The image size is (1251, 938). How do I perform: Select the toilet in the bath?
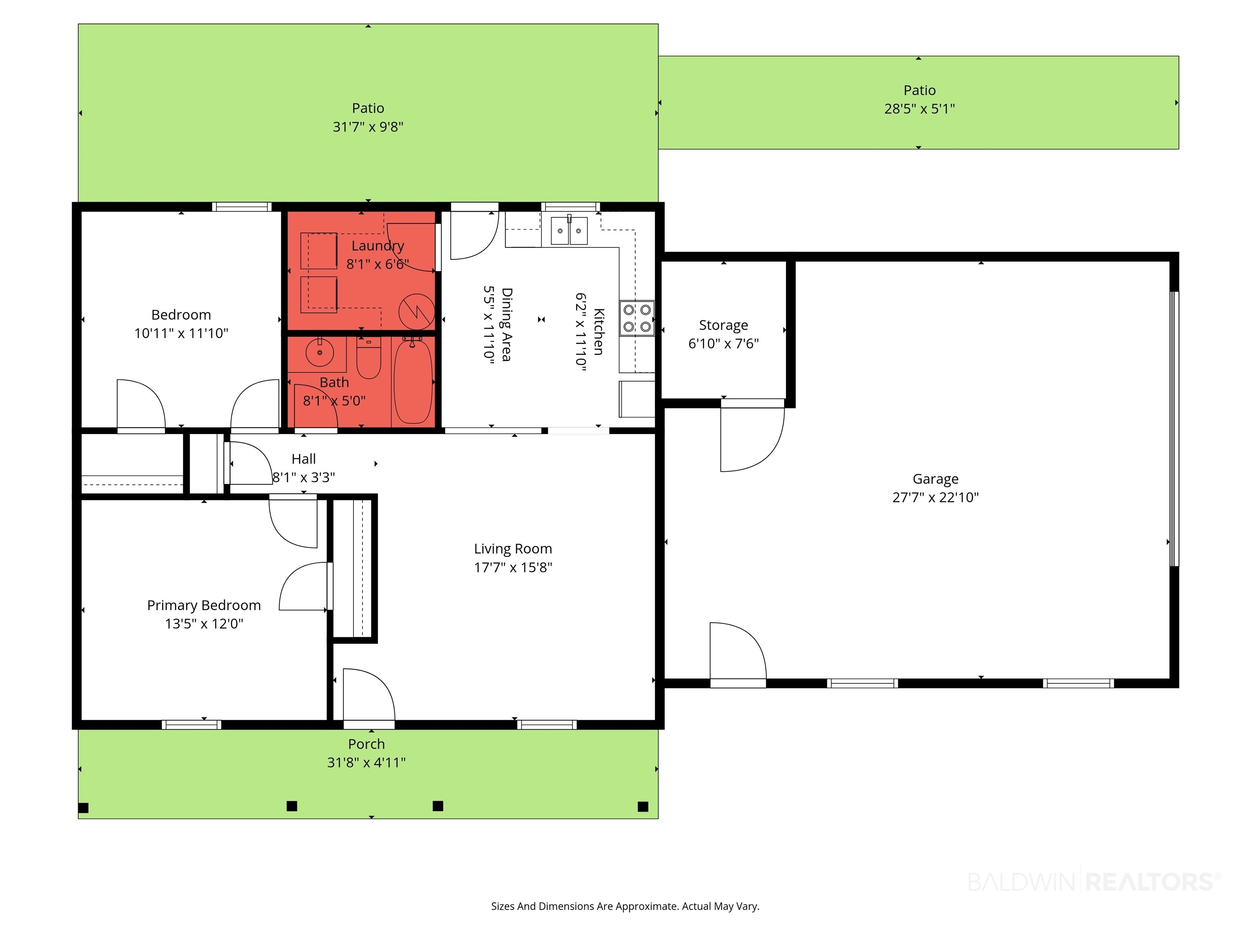pyautogui.click(x=369, y=358)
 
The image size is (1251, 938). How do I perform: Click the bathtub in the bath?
pyautogui.click(x=413, y=381)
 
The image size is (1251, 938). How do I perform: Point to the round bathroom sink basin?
pyautogui.click(x=320, y=352)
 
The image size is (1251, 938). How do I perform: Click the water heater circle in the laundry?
pyautogui.click(x=417, y=311)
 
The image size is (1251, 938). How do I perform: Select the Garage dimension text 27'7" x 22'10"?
pyautogui.click(x=935, y=497)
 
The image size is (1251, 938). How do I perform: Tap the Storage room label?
pyautogui.click(x=723, y=325)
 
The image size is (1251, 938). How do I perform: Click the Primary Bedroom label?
pyautogui.click(x=204, y=605)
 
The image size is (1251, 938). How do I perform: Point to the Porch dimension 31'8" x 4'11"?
pyautogui.click(x=367, y=763)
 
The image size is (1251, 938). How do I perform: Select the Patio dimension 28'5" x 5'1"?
pyautogui.click(x=920, y=109)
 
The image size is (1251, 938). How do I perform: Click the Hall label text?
pyautogui.click(x=304, y=459)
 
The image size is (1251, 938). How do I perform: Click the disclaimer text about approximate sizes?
pyautogui.click(x=625, y=906)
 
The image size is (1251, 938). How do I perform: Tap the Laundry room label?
pyautogui.click(x=378, y=246)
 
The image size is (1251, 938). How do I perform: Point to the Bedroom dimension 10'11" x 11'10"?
pyautogui.click(x=181, y=333)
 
